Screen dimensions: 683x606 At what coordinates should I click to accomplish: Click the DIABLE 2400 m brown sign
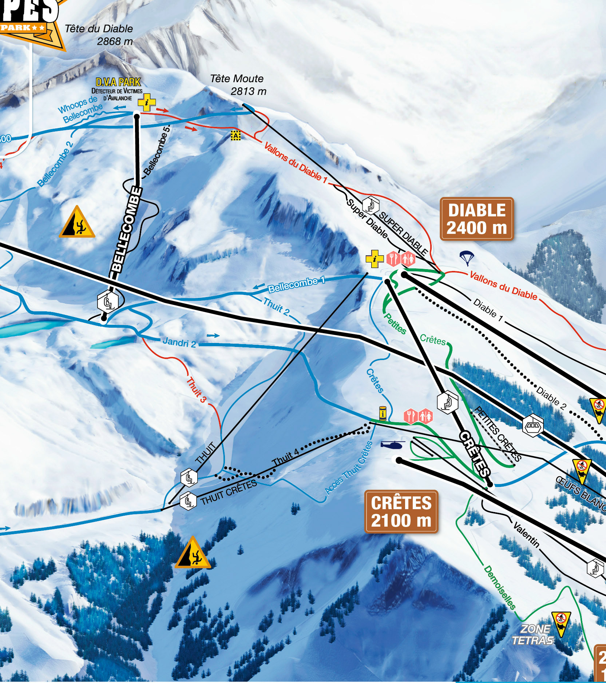[x=476, y=219]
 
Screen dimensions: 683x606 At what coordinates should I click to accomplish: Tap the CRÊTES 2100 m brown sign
[x=401, y=512]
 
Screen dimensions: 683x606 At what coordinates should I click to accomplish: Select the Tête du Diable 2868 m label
[x=99, y=35]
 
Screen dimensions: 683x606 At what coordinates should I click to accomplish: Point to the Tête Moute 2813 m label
[x=238, y=85]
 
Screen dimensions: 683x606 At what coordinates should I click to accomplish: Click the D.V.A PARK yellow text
[x=118, y=82]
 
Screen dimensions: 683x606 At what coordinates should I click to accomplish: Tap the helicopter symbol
[x=392, y=444]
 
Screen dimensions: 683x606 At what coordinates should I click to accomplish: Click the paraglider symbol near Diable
[x=467, y=258]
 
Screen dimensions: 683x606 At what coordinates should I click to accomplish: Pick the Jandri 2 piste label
[x=179, y=342]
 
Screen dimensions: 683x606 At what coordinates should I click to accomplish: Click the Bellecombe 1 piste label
[x=296, y=284]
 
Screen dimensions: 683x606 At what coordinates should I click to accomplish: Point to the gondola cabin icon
[x=533, y=425]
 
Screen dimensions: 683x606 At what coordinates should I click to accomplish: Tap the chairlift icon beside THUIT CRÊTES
[x=188, y=501]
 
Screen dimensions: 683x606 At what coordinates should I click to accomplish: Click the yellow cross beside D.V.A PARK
[x=146, y=103]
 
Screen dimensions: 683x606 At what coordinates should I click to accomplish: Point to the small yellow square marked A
[x=236, y=136]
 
